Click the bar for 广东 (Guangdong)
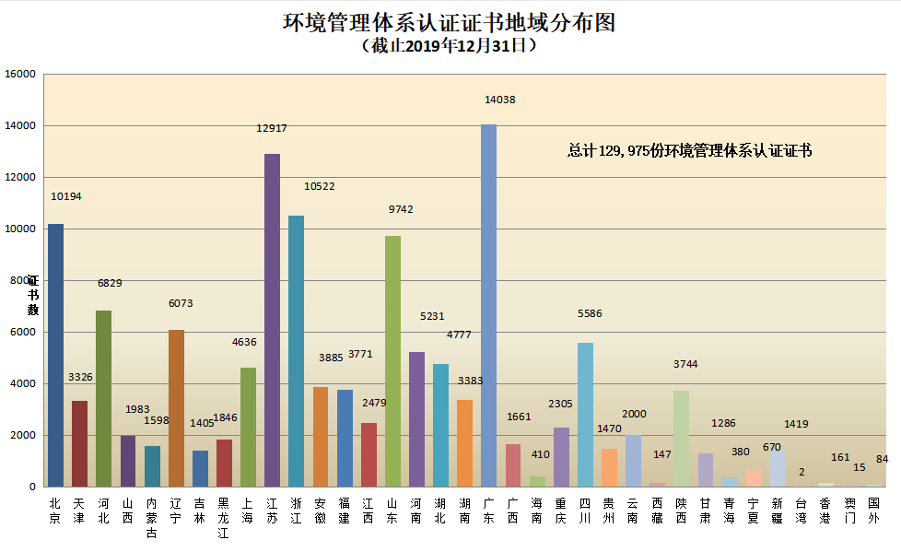[x=488, y=304]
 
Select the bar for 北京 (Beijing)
[x=56, y=355]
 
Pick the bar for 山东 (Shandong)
[x=392, y=360]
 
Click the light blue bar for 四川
[x=585, y=415]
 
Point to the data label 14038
[x=500, y=100]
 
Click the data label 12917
[x=272, y=128]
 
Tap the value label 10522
[x=320, y=186]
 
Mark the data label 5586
[x=590, y=313]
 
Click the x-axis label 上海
[x=248, y=511]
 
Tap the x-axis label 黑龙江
[x=224, y=517]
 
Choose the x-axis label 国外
[x=873, y=511]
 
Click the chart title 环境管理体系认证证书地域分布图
[x=450, y=22]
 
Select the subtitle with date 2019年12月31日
[x=450, y=45]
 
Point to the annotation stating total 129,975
[x=689, y=151]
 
